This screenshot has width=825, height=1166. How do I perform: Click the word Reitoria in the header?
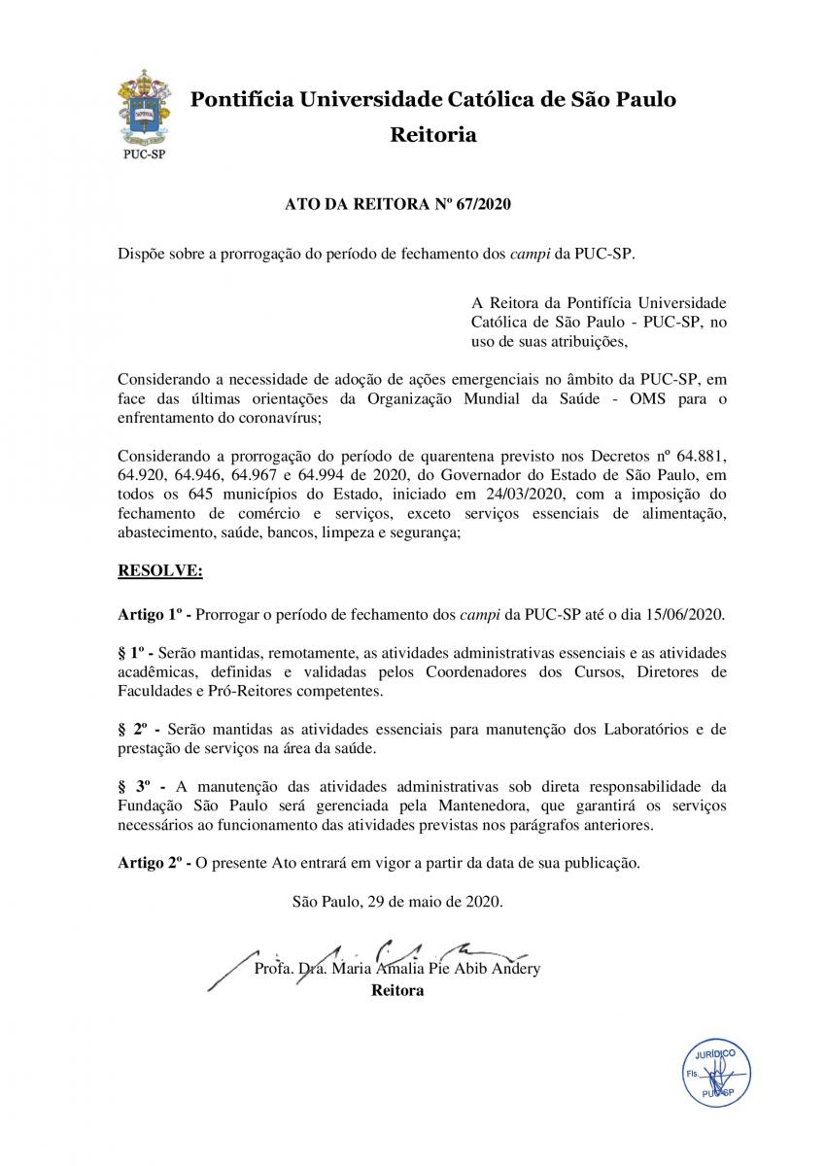432,135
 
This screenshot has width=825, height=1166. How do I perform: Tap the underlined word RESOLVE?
159,572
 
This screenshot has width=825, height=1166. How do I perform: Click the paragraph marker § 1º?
131,653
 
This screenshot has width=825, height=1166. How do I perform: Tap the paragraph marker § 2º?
134,729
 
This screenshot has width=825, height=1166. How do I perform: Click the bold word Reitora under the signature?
397,991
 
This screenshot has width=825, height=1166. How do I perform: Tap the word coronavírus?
276,419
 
